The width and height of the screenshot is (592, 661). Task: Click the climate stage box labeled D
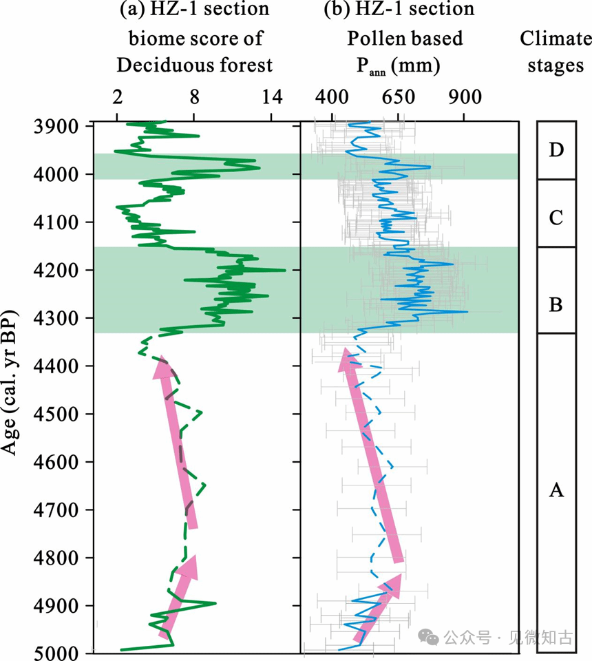tap(556, 150)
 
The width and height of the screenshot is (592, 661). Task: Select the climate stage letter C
tap(556, 219)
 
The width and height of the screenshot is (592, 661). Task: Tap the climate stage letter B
tap(556, 304)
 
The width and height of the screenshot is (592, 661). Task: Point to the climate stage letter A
tap(556, 490)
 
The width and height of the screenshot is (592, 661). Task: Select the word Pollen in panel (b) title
tap(372, 38)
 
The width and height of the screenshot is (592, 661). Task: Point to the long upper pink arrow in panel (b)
tap(370, 454)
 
